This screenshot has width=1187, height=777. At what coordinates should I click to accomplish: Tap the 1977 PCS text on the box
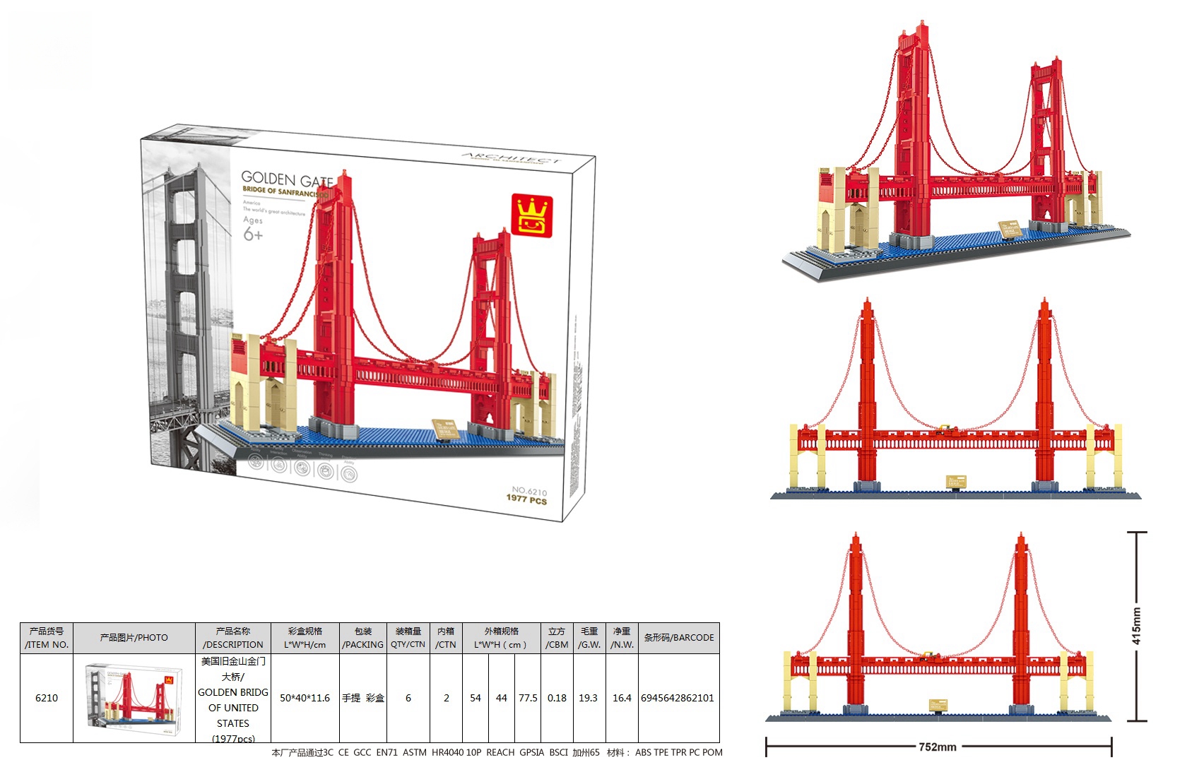(526, 499)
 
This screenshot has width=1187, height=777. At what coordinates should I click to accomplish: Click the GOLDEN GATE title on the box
(286, 179)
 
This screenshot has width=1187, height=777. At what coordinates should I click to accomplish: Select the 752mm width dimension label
(938, 747)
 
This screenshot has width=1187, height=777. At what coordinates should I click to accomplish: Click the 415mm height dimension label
(1136, 626)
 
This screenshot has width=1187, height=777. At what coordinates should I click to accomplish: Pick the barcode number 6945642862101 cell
(678, 698)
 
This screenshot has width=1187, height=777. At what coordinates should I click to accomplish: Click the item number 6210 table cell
(47, 698)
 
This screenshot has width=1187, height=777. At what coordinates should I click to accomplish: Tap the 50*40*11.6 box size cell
(305, 698)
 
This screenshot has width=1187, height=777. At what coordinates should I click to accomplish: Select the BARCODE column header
(678, 638)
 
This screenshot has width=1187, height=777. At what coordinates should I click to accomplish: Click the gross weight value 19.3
(588, 698)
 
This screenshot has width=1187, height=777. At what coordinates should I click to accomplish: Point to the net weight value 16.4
(622, 698)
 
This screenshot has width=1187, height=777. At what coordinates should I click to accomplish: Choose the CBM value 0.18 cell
(557, 698)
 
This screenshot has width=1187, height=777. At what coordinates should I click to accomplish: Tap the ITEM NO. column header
(47, 638)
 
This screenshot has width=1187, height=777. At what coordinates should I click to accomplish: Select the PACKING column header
(363, 638)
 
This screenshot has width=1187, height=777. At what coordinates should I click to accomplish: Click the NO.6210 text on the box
(529, 490)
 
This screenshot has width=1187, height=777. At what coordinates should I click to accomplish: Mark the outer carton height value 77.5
(528, 698)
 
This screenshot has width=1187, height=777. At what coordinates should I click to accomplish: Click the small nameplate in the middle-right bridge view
(955, 482)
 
